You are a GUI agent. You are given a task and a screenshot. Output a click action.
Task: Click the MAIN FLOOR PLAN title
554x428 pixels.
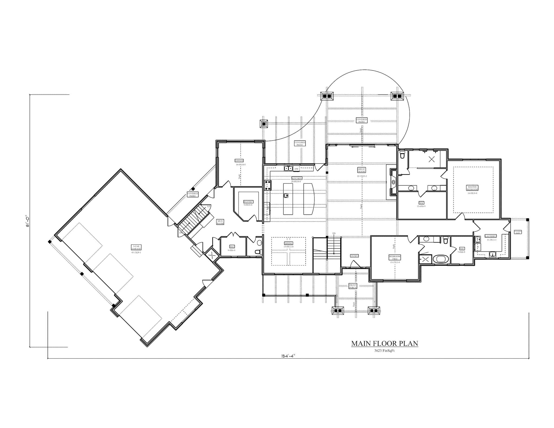(x=385, y=344)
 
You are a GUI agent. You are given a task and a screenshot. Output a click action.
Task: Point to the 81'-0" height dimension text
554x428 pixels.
(x=27, y=221)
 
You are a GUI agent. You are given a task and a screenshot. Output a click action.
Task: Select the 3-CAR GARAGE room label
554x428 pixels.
(x=136, y=247)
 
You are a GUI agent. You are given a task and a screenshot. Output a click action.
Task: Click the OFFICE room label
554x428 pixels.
(x=239, y=161)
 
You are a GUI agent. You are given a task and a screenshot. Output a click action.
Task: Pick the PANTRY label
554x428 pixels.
(x=248, y=202)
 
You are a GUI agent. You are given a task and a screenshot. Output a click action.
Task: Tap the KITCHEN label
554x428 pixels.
(x=297, y=179)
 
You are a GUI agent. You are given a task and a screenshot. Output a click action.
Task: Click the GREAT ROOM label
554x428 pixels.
(x=361, y=170)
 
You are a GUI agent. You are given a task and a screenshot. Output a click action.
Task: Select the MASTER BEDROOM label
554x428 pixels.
(x=472, y=188)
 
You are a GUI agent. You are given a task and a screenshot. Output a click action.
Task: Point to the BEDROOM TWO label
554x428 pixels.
(x=395, y=257)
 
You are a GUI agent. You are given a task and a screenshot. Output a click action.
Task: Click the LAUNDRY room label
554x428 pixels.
(x=490, y=236)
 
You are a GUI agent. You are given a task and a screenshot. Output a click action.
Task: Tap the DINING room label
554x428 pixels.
(x=288, y=243)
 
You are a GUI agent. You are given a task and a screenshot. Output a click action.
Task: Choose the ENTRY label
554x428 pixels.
(x=354, y=256)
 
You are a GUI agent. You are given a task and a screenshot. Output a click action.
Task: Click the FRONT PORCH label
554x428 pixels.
(x=352, y=286)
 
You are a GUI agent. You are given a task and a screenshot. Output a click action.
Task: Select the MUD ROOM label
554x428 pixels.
(x=220, y=222)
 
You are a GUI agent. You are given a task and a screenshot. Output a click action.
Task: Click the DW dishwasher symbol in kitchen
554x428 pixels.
(x=296, y=169)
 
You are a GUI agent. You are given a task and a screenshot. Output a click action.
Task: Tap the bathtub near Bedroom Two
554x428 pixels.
(x=441, y=259)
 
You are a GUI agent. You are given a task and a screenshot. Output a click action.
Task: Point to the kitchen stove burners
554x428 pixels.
(x=268, y=185)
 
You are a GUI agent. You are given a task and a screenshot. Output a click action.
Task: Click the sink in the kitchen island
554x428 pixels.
(x=286, y=196)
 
